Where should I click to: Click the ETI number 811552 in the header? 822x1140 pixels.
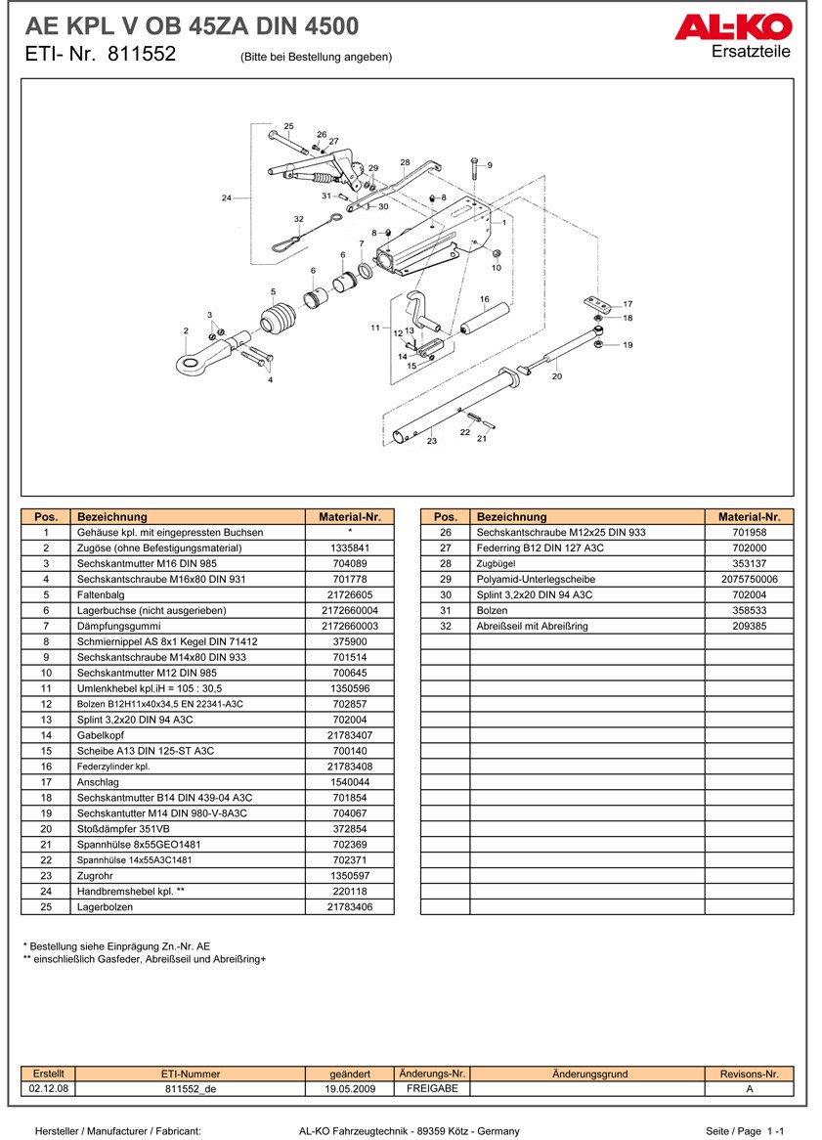(x=142, y=56)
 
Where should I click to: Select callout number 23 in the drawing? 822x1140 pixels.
(x=432, y=442)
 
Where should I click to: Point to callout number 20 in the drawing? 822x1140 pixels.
(x=557, y=375)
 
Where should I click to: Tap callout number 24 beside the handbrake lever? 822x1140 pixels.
(x=227, y=198)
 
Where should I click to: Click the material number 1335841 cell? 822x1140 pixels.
(x=349, y=548)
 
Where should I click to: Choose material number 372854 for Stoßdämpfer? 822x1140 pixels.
(x=349, y=829)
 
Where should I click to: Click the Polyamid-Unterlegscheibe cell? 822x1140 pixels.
(x=586, y=580)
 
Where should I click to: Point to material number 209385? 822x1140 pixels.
(x=749, y=627)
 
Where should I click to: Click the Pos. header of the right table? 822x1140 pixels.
(x=445, y=517)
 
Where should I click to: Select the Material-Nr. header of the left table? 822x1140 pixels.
(x=349, y=517)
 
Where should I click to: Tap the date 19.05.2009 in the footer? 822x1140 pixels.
(x=350, y=1088)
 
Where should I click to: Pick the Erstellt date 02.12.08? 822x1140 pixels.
(x=48, y=1088)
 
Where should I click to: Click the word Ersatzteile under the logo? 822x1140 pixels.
(x=751, y=52)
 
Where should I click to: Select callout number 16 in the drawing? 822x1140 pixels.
(x=485, y=299)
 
